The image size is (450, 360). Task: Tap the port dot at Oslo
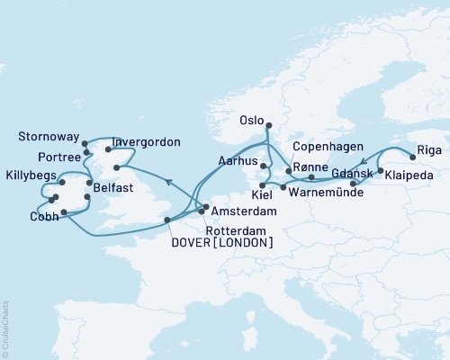(x=267, y=113)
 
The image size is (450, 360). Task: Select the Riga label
(x=430, y=151)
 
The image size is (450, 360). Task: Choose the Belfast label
(x=112, y=187)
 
